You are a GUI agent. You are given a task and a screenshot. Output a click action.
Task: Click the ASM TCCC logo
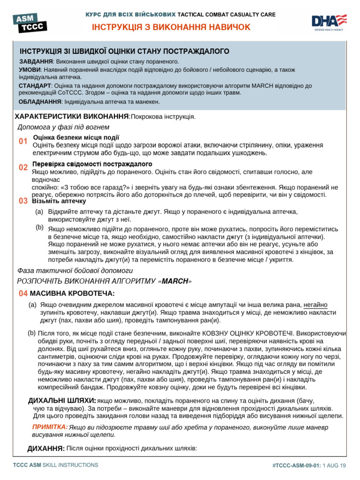30,22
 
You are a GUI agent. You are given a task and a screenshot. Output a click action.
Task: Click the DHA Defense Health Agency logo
329,22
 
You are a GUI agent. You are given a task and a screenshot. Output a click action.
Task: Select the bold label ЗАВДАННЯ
36,61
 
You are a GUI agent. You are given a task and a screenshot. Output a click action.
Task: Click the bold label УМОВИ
29,69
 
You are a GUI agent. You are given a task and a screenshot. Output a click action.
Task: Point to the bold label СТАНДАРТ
35,86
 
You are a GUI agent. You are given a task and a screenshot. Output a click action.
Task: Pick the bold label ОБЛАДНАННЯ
40,101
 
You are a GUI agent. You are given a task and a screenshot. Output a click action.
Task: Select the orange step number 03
22,201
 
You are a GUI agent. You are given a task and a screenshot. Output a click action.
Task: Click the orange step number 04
22,293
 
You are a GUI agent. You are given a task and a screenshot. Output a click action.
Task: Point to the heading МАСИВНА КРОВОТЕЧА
72,293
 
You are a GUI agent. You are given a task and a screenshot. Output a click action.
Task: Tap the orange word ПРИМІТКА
50,427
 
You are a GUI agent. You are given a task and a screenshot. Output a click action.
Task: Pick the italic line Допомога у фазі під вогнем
63,127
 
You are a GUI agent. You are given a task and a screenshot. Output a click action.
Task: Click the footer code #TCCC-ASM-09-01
296,465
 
